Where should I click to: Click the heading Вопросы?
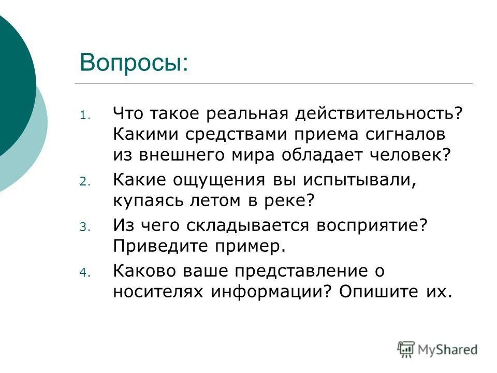(134, 63)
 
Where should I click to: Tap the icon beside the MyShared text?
(406, 349)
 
